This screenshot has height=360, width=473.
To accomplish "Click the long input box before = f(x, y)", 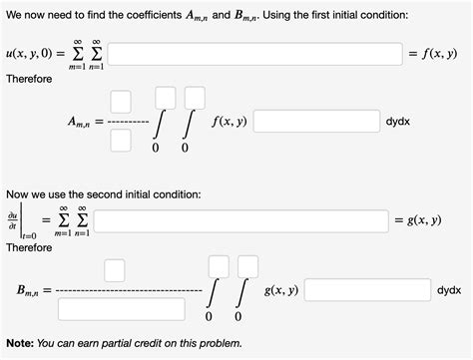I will pyautogui.click(x=254, y=53).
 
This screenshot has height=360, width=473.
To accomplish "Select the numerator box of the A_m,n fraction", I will pyautogui.click(x=121, y=100).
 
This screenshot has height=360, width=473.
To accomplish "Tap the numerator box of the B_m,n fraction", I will pyautogui.click(x=114, y=268).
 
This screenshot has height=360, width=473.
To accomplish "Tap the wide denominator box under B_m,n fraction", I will pyautogui.click(x=121, y=308).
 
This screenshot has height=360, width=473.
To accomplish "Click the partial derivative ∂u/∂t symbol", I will pyautogui.click(x=12, y=219).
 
